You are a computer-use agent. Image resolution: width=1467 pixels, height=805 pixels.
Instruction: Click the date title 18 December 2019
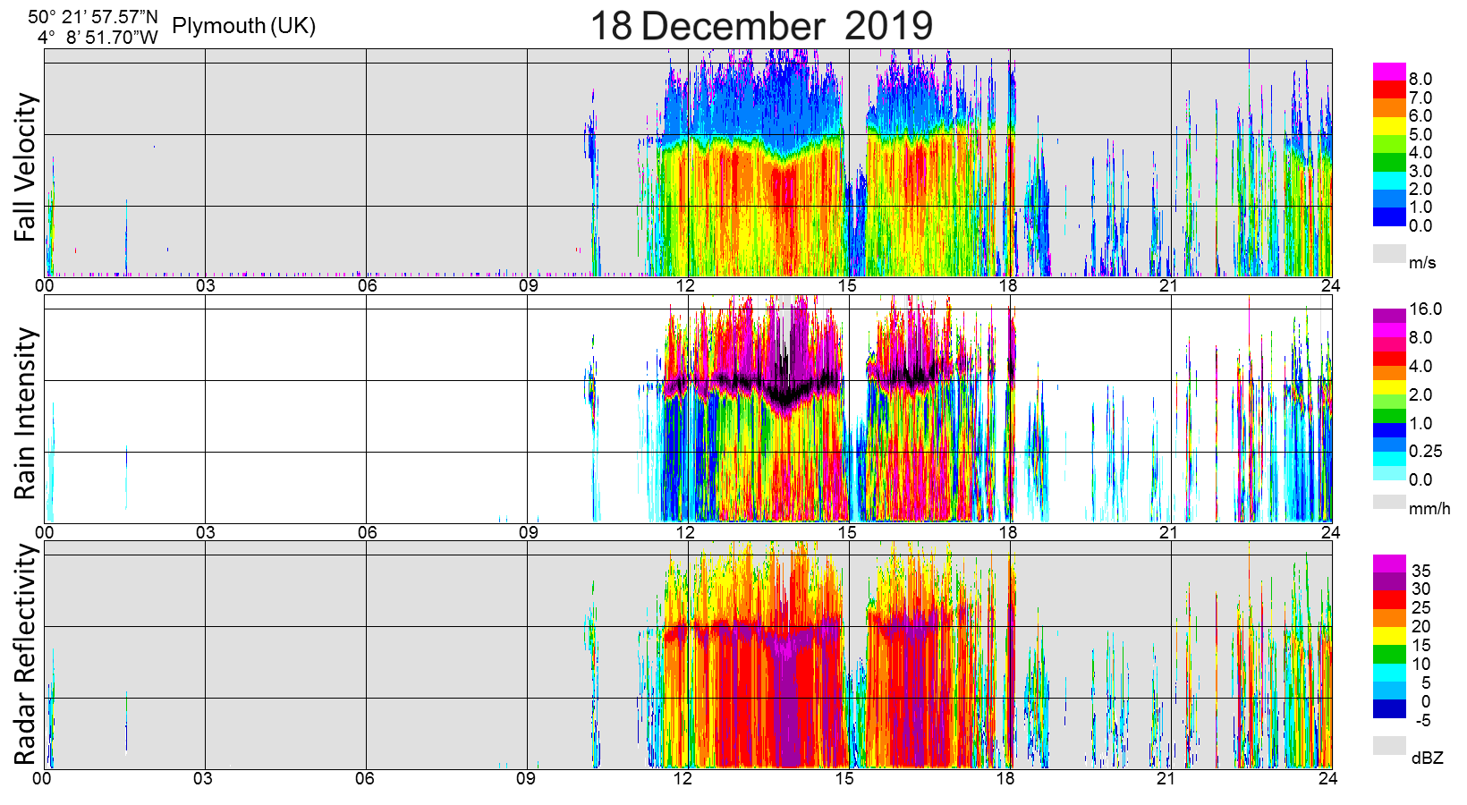pyautogui.click(x=761, y=25)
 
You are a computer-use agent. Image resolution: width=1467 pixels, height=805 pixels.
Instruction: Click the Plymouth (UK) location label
pyautogui.click(x=243, y=26)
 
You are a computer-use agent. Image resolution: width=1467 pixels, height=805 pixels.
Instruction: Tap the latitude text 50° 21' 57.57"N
pyautogui.click(x=93, y=17)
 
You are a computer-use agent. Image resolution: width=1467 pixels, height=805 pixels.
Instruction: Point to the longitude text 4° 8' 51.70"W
pyautogui.click(x=98, y=38)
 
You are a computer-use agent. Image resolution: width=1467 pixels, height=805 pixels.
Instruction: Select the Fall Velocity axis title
pyautogui.click(x=26, y=167)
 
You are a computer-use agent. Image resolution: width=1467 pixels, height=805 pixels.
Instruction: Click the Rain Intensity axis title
pyautogui.click(x=26, y=413)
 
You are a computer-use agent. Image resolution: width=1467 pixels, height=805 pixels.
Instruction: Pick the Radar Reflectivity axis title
pyautogui.click(x=26, y=655)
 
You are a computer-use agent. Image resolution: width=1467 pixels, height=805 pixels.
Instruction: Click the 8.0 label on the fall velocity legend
pyautogui.click(x=1420, y=80)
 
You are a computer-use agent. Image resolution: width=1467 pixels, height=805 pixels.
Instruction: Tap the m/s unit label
pyautogui.click(x=1422, y=262)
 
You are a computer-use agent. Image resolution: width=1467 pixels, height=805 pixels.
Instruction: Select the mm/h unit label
pyautogui.click(x=1429, y=509)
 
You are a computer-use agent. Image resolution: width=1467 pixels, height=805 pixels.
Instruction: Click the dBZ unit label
pyautogui.click(x=1428, y=758)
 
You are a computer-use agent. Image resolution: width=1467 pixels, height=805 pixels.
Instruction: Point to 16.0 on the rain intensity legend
pyautogui.click(x=1426, y=309)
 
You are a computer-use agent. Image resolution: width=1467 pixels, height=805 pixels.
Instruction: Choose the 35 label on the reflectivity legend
pyautogui.click(x=1420, y=571)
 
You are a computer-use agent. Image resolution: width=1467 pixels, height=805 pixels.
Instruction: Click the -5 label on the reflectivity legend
pyautogui.click(x=1420, y=721)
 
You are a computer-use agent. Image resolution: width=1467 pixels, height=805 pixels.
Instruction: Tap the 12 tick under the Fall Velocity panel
pyautogui.click(x=685, y=286)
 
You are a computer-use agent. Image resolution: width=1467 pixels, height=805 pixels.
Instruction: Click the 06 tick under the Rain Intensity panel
pyautogui.click(x=367, y=532)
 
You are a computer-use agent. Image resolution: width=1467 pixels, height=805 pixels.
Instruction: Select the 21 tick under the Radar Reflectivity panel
pyautogui.click(x=1166, y=778)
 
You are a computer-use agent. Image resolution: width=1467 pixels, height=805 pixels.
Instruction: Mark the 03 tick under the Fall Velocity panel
pyautogui.click(x=206, y=286)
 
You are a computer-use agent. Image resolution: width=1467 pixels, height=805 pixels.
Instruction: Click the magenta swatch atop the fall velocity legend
pyautogui.click(x=1389, y=72)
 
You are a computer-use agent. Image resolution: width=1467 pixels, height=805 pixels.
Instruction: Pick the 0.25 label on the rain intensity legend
pyautogui.click(x=1426, y=452)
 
